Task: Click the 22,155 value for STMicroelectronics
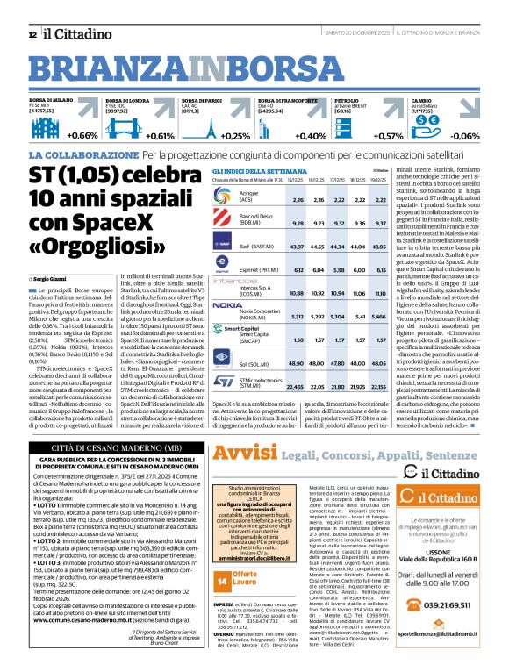[378, 386]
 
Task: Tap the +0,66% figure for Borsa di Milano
[82, 136]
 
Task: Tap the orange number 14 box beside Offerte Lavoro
[221, 580]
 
